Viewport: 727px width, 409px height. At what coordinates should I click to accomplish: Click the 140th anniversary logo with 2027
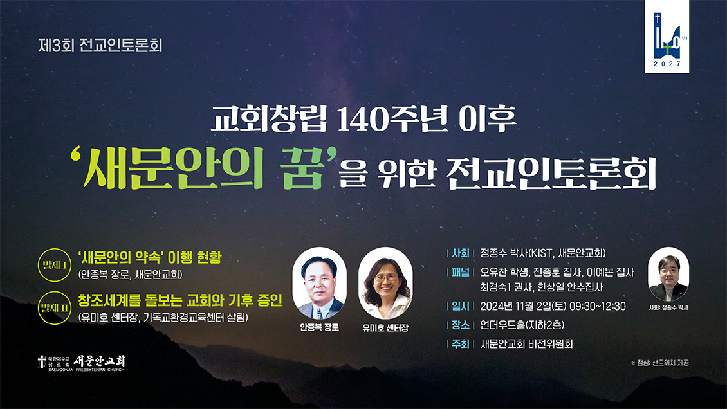coord(667,36)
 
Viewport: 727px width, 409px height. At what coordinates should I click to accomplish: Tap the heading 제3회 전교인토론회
coord(100,46)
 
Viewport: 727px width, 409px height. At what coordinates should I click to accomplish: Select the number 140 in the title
coord(363,120)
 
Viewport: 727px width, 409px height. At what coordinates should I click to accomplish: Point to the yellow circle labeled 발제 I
coord(54,266)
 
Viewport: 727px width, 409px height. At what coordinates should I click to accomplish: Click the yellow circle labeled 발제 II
coord(54,308)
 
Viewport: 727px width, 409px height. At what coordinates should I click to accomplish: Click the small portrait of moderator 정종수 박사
coord(668,274)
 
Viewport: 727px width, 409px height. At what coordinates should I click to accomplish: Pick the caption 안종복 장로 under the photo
coord(319,327)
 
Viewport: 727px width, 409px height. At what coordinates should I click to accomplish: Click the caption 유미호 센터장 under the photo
coord(385,327)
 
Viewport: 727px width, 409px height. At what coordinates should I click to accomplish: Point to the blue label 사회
coord(461,253)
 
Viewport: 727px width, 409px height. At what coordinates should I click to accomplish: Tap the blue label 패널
coord(461,273)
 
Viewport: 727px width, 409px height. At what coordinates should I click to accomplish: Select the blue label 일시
coord(461,306)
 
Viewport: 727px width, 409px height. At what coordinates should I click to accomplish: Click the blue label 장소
coord(461,325)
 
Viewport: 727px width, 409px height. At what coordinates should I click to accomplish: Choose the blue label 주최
coord(461,343)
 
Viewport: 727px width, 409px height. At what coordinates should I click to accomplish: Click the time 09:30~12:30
coord(598,306)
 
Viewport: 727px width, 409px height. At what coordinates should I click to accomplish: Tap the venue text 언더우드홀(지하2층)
coord(522,325)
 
